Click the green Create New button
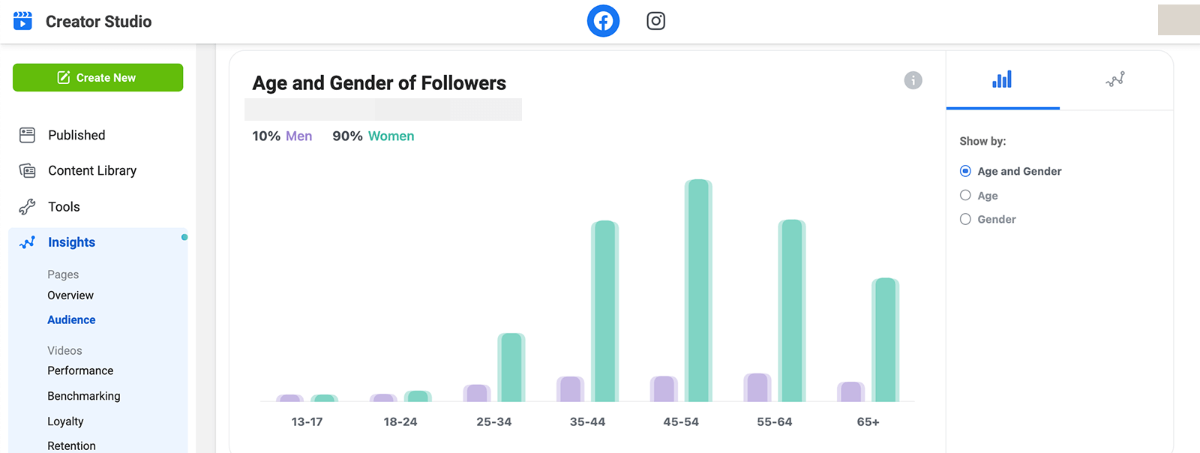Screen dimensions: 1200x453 98,78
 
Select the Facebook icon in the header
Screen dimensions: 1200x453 603,21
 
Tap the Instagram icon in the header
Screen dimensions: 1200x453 655,21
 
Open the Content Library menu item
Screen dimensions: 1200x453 92,170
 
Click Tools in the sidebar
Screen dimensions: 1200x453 64,207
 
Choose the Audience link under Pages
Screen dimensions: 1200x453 71,319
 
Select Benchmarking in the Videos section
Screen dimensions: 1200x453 83,396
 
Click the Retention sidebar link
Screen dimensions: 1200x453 71,445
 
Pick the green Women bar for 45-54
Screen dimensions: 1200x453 698,290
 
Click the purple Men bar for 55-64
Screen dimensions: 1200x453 757,387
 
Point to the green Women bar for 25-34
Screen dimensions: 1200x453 511,367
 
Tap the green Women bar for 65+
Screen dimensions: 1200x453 886,340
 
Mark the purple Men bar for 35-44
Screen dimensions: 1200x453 571,388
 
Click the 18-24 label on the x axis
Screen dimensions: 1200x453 400,422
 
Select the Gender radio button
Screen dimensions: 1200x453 965,219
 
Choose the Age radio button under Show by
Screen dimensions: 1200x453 965,196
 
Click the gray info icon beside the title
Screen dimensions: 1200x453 913,80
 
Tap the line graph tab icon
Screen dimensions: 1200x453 1115,79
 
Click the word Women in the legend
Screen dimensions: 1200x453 391,136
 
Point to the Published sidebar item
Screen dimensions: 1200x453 76,135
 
